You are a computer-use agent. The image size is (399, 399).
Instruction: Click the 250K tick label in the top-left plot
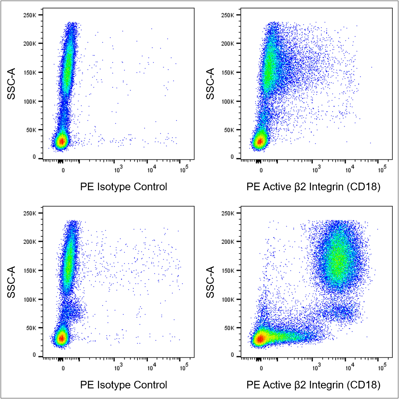(x=30, y=15)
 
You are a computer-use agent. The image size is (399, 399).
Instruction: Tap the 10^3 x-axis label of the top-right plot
(x=316, y=170)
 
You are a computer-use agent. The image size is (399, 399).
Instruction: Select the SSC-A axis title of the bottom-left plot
(x=11, y=282)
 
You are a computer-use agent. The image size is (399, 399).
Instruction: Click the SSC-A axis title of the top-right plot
(x=210, y=84)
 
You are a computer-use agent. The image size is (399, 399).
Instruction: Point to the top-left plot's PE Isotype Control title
(x=123, y=187)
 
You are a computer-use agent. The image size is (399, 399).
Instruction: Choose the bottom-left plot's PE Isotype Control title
(x=123, y=385)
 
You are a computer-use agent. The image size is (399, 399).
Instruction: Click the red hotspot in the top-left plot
(x=62, y=142)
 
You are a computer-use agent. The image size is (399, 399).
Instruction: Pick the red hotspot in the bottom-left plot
(x=62, y=338)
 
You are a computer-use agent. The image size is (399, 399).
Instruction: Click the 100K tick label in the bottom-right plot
(x=228, y=299)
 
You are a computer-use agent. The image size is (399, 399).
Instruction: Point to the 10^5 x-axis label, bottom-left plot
(x=184, y=368)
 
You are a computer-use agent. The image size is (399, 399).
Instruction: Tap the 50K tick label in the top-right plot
(x=229, y=130)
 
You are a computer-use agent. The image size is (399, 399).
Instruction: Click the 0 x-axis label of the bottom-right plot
(x=261, y=368)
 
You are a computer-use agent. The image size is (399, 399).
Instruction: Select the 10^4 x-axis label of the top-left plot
(x=151, y=170)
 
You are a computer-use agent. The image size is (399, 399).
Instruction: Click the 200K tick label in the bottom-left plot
(x=30, y=242)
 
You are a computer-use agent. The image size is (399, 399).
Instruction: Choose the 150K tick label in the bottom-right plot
(x=228, y=271)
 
